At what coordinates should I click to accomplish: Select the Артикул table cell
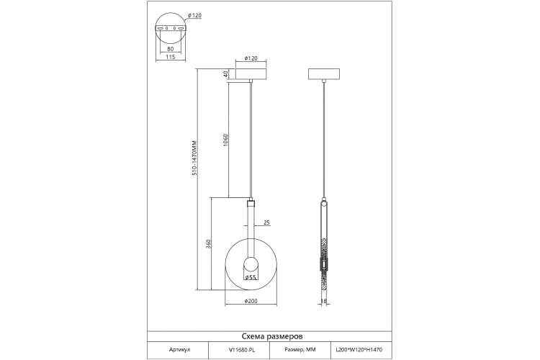click(x=179, y=348)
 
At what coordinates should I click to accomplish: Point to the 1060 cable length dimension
click(x=225, y=140)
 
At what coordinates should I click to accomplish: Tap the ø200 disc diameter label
click(x=251, y=301)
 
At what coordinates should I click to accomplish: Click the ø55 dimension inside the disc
click(x=251, y=276)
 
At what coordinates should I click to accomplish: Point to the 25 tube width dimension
click(x=267, y=222)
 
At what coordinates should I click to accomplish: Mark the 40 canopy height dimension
click(x=225, y=74)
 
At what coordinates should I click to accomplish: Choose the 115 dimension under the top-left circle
click(x=170, y=57)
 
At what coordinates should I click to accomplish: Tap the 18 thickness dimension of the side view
click(x=324, y=301)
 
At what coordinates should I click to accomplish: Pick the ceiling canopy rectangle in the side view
click(x=324, y=74)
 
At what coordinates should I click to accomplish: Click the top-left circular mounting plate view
click(x=171, y=27)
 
